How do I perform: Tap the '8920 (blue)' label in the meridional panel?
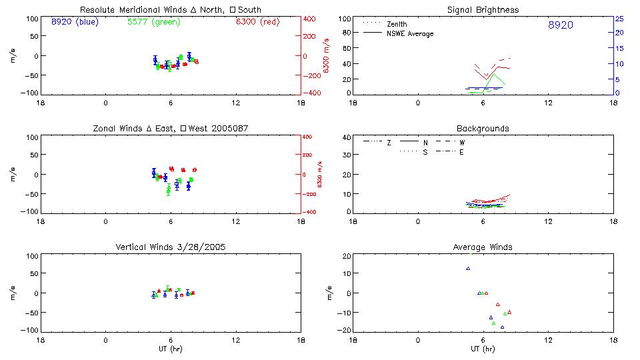pos(74,21)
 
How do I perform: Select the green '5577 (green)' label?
pos(153,21)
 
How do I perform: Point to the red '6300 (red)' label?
pos(257,21)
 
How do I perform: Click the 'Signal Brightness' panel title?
pos(483,10)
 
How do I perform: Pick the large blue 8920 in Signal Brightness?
pos(560,25)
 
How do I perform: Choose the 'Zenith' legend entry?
pos(397,24)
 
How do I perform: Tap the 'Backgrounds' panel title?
pos(483,128)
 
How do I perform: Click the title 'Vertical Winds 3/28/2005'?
pos(170,247)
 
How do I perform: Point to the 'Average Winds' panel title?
pos(483,247)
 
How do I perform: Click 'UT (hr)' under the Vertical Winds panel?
pos(170,349)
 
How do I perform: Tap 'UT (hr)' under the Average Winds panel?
pos(483,349)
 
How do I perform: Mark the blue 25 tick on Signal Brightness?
pos(619,19)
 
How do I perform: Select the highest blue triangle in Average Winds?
pos(468,268)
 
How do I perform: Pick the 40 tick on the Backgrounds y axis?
pos(346,137)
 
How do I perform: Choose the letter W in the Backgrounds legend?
pos(461,143)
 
